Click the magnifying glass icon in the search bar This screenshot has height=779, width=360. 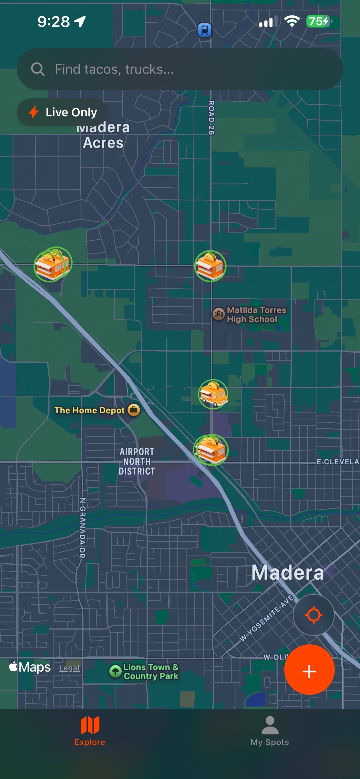pyautogui.click(x=38, y=69)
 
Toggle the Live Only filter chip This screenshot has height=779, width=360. pyautogui.click(x=62, y=112)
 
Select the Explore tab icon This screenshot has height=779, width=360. pyautogui.click(x=90, y=725)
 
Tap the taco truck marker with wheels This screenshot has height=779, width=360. pyautogui.click(x=213, y=394)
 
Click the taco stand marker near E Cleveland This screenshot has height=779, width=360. pyautogui.click(x=211, y=450)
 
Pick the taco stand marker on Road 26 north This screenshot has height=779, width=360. pyautogui.click(x=210, y=266)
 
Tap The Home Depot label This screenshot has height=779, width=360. pyautogui.click(x=89, y=410)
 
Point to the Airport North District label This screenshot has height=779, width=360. pyautogui.click(x=137, y=462)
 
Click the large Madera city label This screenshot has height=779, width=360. pyautogui.click(x=287, y=572)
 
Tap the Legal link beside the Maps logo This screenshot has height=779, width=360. pyautogui.click(x=69, y=668)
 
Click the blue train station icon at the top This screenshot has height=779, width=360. pyautogui.click(x=205, y=30)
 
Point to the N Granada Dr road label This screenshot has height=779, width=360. pyautogui.click(x=82, y=528)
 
